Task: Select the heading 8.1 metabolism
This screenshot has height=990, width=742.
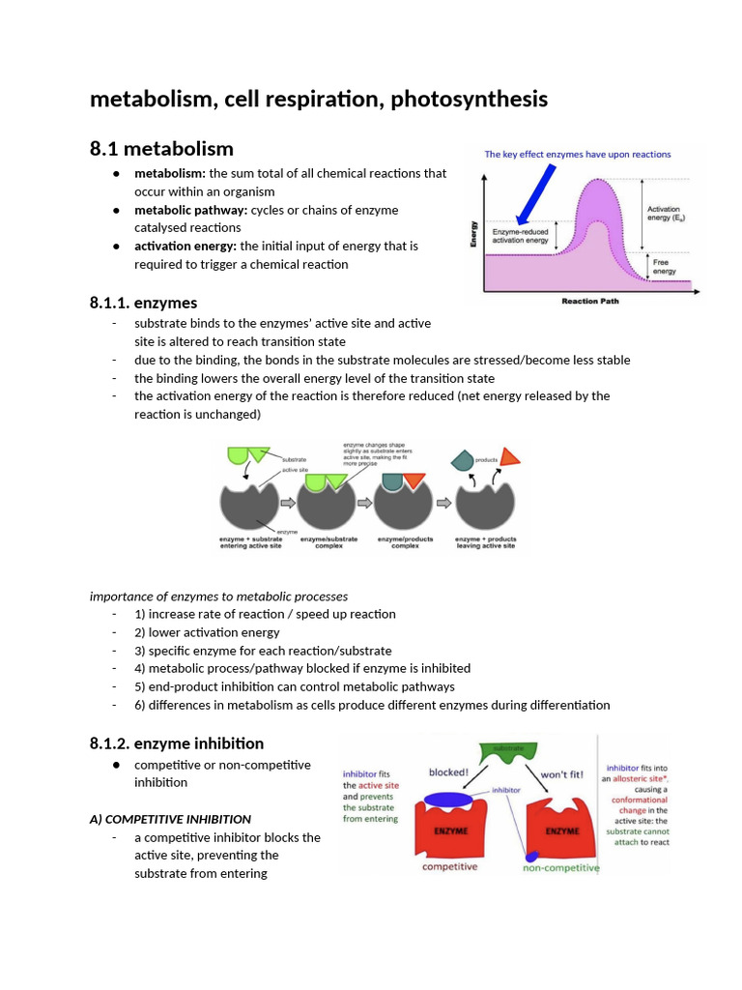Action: pyautogui.click(x=161, y=148)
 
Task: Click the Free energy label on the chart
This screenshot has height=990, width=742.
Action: pyautogui.click(x=665, y=267)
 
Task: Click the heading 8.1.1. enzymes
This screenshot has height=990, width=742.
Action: pyautogui.click(x=143, y=303)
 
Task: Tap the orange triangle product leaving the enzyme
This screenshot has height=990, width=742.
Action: pyautogui.click(x=510, y=457)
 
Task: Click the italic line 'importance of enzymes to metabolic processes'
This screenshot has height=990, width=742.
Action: pyautogui.click(x=218, y=596)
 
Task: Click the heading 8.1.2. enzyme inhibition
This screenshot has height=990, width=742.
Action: pyautogui.click(x=176, y=742)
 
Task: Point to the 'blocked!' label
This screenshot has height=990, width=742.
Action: pyautogui.click(x=448, y=772)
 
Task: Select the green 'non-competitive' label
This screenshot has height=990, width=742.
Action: pyautogui.click(x=560, y=867)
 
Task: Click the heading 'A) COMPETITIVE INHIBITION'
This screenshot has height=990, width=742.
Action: pyautogui.click(x=170, y=819)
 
